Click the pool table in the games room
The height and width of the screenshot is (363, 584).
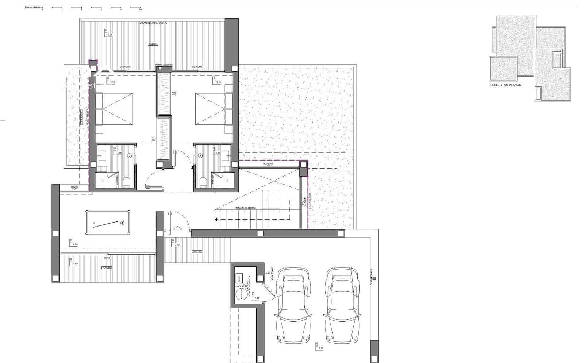pyautogui.click(x=108, y=223)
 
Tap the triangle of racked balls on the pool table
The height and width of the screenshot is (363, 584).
pyautogui.click(x=123, y=222)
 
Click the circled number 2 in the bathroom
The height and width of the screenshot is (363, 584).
pyautogui.click(x=129, y=155)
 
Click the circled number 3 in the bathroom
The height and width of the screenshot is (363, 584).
pyautogui.click(x=200, y=155)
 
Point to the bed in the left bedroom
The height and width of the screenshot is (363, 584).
pyautogui.click(x=114, y=109)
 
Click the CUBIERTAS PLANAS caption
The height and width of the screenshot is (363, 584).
pyautogui.click(x=506, y=85)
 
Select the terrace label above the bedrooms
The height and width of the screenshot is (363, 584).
pyautogui.click(x=153, y=44)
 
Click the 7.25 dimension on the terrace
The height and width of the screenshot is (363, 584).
pyautogui.click(x=110, y=35)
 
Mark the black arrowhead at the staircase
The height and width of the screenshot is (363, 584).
pyautogui.click(x=216, y=220)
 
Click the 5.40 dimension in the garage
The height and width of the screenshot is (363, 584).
pyautogui.click(x=321, y=348)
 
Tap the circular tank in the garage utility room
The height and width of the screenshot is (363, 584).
pyautogui.click(x=241, y=294)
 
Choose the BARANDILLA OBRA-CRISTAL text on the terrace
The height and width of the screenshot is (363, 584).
pyautogui.click(x=153, y=23)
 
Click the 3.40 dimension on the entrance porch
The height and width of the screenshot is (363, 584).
pyautogui.click(x=177, y=245)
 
